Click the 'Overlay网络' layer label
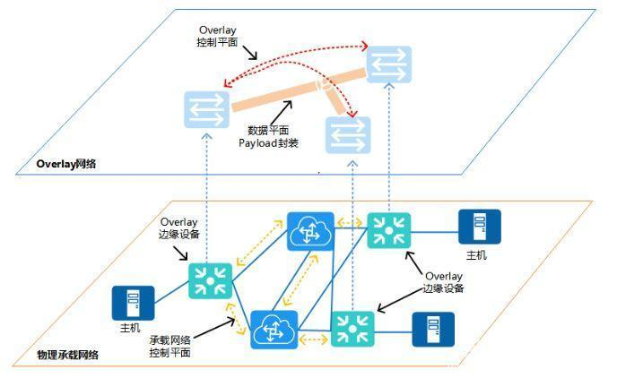click(66, 164)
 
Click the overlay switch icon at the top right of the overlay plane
click(388, 64)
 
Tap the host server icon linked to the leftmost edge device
click(132, 303)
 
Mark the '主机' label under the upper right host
click(476, 255)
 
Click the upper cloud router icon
click(310, 231)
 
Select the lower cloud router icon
click(274, 330)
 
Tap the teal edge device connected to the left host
click(211, 279)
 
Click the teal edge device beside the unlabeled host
click(353, 329)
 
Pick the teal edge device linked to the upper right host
click(389, 230)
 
